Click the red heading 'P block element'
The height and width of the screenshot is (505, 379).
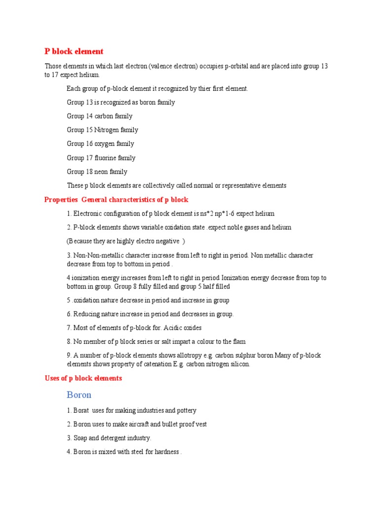point(74,51)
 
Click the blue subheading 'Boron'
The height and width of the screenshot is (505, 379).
point(79,395)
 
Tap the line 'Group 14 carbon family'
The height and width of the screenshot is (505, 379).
point(100,116)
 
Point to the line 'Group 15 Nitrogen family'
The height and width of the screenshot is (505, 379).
point(102,130)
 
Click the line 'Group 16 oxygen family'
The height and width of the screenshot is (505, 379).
point(100,144)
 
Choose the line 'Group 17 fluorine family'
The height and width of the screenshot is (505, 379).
point(101,158)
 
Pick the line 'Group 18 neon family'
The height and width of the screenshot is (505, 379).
point(97,172)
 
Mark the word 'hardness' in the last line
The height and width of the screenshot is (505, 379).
point(165,452)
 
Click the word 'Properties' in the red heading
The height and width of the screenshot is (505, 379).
point(61,200)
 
